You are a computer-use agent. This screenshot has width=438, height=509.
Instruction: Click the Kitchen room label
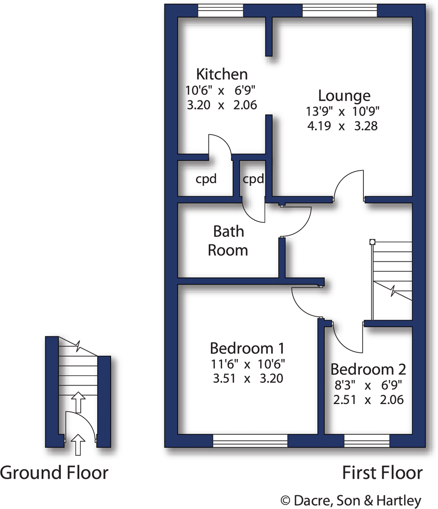coord(222,74)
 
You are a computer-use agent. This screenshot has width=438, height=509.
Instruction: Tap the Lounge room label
coord(344,96)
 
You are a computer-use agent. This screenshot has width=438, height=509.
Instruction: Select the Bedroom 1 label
coord(247,348)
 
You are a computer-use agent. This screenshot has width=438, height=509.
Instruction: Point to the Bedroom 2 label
coord(368,369)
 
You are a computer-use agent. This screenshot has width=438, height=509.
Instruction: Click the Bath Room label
coord(228,241)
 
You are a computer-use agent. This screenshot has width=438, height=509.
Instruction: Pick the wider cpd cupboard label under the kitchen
coord(206,179)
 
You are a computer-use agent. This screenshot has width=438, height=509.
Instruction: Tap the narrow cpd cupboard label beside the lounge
coord(253,179)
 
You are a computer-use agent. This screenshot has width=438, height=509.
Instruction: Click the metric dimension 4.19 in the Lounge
coord(319,126)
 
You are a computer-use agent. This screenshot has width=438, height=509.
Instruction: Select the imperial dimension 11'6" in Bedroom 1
coord(224,364)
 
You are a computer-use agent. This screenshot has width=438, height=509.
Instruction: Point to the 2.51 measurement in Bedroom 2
coord(344,400)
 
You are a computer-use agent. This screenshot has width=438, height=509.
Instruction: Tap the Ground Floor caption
coord(54,473)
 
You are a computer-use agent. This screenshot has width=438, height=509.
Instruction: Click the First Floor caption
coord(382,473)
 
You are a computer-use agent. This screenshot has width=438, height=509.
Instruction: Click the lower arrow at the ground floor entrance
coord(78,444)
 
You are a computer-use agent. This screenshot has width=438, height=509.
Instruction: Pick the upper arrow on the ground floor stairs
coord(78,402)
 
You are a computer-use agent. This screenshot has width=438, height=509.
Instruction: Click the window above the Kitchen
coord(220,11)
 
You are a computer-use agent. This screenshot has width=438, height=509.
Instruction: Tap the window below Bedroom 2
coord(367,440)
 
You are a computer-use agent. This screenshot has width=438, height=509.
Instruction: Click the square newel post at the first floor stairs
coord(372,242)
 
